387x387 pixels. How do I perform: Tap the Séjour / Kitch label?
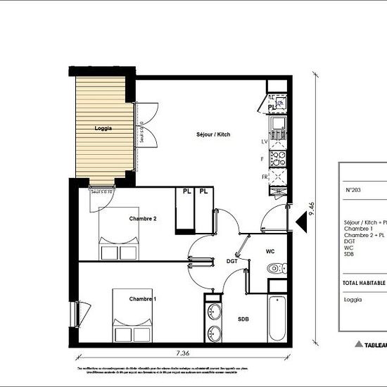[213, 134]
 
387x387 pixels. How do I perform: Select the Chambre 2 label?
[143, 219]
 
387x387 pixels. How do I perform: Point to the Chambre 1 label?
[143, 299]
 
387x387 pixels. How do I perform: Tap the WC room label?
[269, 250]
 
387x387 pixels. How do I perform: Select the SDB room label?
[242, 319]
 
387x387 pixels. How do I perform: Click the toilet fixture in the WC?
[276, 268]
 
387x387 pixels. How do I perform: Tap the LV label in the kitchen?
[264, 141]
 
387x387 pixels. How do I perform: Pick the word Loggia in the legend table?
[353, 300]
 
